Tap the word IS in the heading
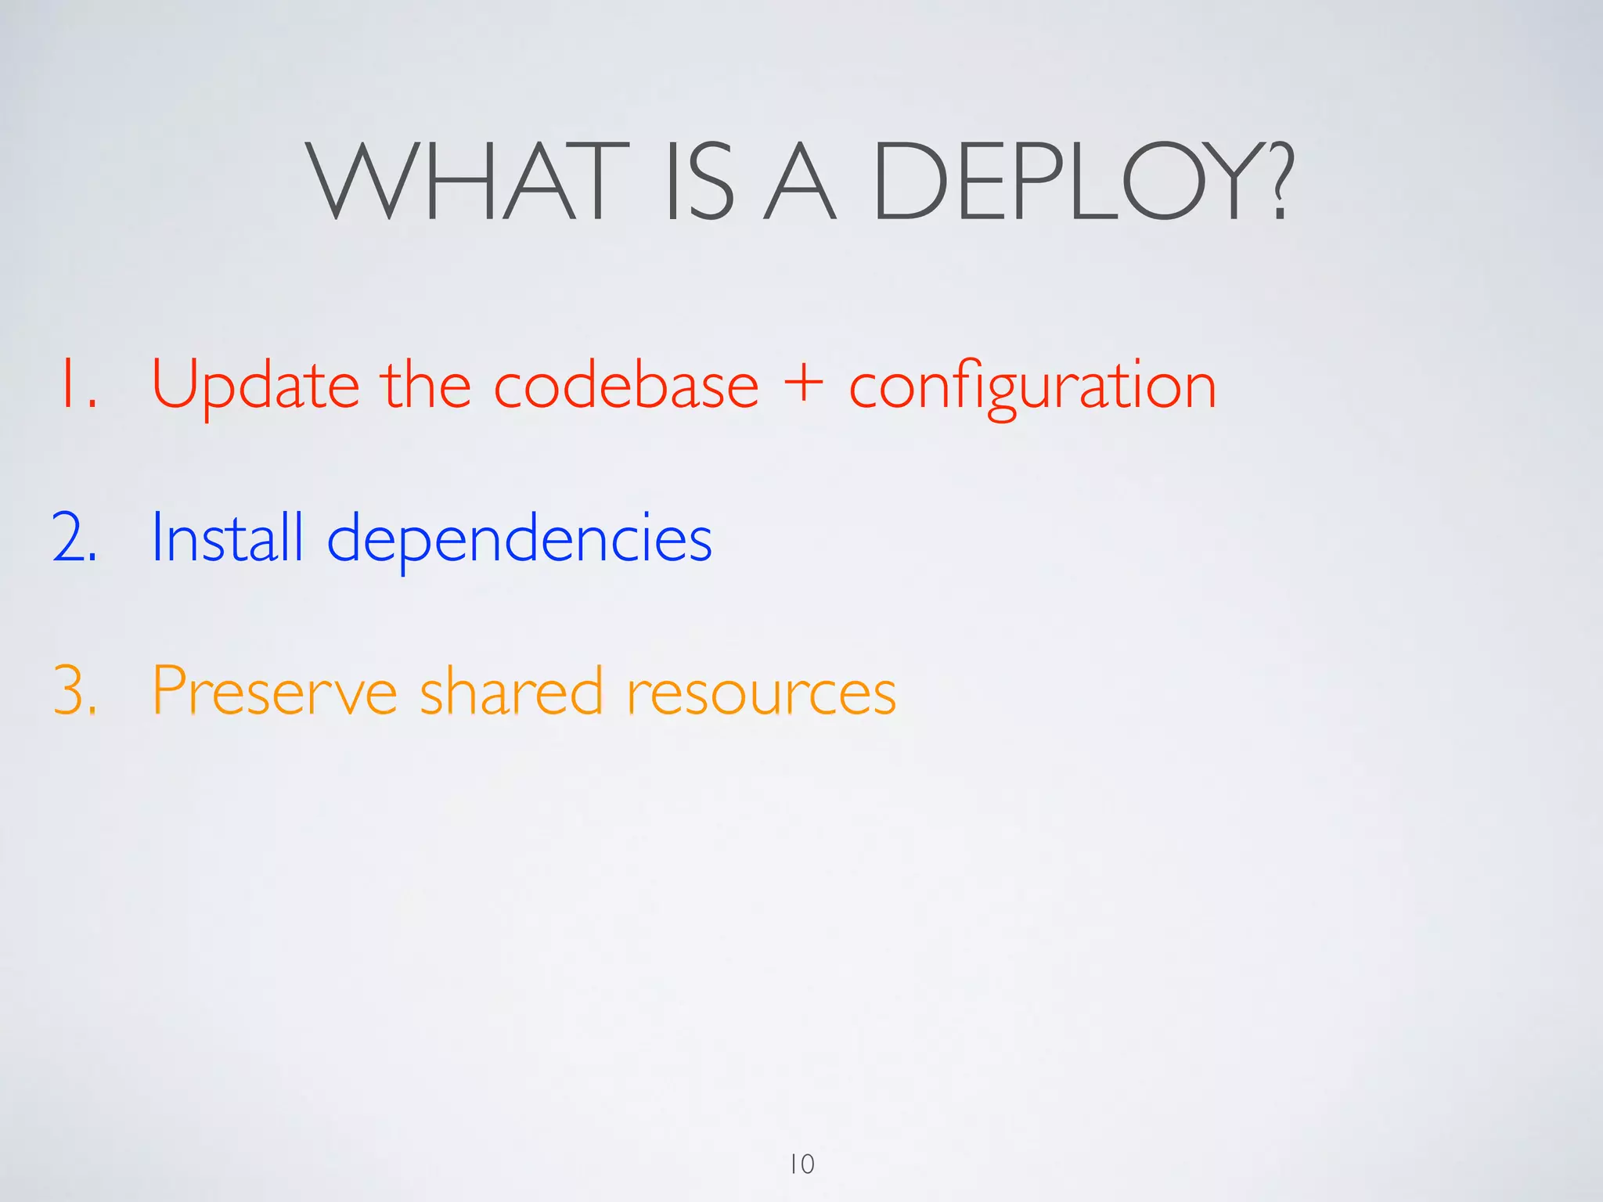pyautogui.click(x=699, y=182)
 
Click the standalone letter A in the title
pyautogui.click(x=800, y=182)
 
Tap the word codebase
pyautogui.click(x=626, y=383)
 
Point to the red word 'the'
pyautogui.click(x=426, y=383)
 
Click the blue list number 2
pyautogui.click(x=74, y=537)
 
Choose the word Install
pyautogui.click(x=227, y=537)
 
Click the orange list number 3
pyautogui.click(x=74, y=690)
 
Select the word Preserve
pyautogui.click(x=275, y=690)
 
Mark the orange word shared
pyautogui.click(x=511, y=690)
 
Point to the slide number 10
pyautogui.click(x=801, y=1164)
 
